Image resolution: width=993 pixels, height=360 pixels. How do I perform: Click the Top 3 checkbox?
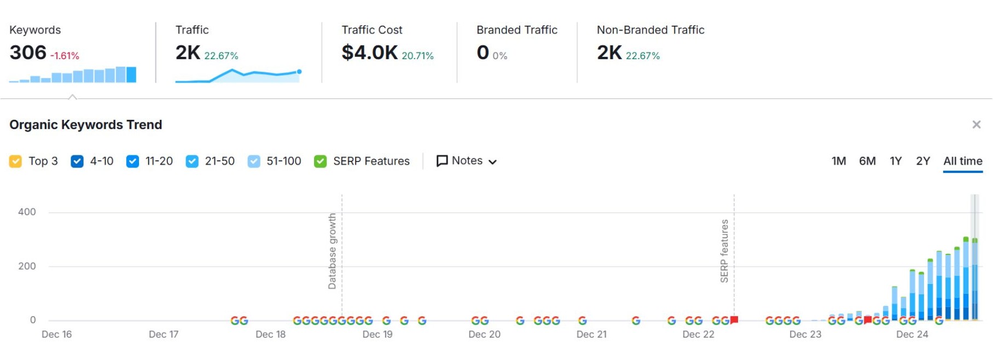[x=15, y=161]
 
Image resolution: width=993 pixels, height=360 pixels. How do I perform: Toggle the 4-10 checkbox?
[x=77, y=161]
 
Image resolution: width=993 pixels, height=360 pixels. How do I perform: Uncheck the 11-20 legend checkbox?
[x=132, y=161]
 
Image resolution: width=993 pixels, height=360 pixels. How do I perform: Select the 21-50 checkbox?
[x=192, y=161]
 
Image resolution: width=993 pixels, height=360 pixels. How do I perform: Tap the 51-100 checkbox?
[x=254, y=161]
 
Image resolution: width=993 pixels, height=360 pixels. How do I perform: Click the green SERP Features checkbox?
[x=321, y=161]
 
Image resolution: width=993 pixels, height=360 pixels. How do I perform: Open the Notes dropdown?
[x=467, y=161]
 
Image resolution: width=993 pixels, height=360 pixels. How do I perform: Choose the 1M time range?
[x=838, y=161]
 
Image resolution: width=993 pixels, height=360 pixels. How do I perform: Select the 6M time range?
[x=867, y=161]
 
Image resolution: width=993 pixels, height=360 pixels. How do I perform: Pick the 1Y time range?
[x=896, y=161]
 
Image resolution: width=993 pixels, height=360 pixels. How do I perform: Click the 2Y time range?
[x=923, y=161]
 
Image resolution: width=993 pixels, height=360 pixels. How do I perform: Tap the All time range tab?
[x=962, y=161]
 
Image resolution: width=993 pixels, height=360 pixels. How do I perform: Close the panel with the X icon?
[x=976, y=125]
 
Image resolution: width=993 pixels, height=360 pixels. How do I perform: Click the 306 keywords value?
[x=28, y=53]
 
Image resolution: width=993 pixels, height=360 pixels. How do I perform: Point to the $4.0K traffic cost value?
[x=369, y=53]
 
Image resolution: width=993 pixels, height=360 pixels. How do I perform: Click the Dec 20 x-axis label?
[x=484, y=334]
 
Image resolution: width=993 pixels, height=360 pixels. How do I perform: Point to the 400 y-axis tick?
[x=27, y=212]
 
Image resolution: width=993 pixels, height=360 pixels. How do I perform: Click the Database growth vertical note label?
[x=332, y=251]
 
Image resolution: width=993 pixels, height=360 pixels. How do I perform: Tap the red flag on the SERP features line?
[x=734, y=320]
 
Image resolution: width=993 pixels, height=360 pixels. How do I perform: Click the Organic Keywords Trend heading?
[x=86, y=125]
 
